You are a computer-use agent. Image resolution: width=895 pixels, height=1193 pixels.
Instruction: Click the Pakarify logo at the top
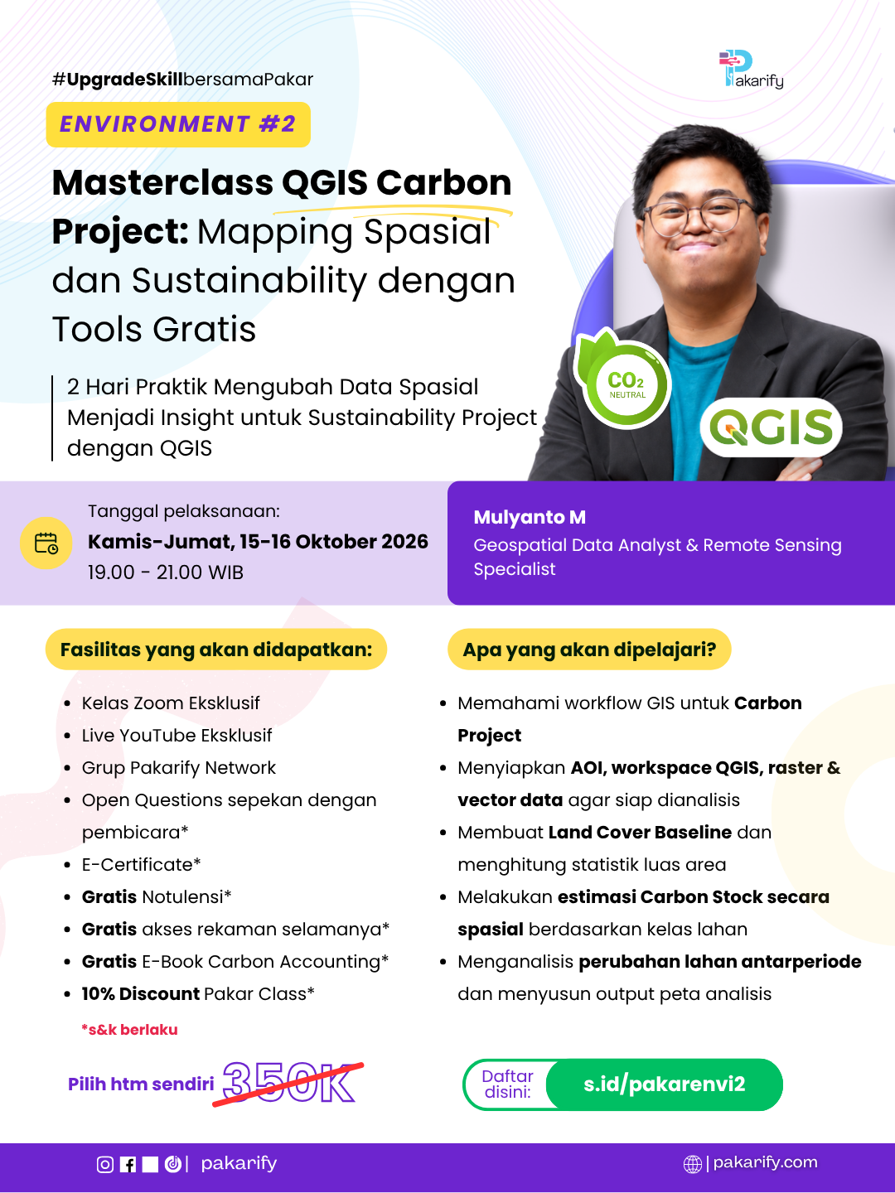751,69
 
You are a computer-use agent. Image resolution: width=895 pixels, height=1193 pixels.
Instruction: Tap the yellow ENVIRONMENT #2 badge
178,124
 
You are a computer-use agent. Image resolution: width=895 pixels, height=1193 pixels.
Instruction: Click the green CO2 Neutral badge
624,379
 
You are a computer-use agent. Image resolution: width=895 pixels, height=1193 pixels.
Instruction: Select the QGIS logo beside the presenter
771,427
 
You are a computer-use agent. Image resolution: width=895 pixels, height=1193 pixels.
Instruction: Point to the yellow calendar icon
46,543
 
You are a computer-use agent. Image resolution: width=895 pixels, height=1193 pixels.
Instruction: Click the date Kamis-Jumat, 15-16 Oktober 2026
258,542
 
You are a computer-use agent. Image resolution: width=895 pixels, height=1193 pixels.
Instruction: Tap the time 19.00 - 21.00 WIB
166,572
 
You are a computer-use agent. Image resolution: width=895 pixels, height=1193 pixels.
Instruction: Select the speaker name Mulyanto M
530,517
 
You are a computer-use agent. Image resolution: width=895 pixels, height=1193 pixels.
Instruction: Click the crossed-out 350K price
288,1083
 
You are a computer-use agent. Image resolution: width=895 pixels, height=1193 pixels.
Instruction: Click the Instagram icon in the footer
105,1164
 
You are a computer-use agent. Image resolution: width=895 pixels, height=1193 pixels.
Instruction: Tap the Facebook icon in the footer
128,1164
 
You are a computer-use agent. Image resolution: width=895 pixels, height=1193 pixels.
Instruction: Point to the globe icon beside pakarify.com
692,1164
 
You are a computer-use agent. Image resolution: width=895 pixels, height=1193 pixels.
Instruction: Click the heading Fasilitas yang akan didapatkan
216,650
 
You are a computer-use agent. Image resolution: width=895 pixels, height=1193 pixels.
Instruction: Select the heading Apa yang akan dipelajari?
589,650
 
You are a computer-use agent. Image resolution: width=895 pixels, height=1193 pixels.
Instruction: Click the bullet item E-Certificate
141,864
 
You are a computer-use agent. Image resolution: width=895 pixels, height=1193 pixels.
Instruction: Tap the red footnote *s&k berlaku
129,1030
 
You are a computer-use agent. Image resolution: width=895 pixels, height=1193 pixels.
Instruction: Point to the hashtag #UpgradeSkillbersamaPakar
182,80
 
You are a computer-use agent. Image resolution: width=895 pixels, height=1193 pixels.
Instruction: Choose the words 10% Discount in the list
141,993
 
